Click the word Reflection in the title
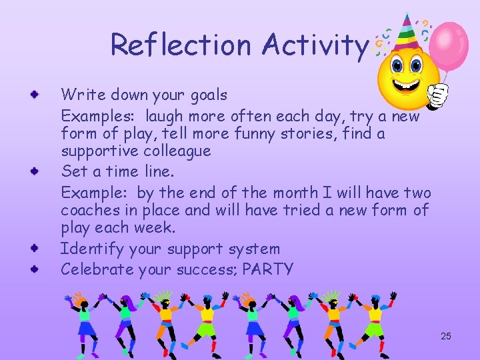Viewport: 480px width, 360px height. (x=182, y=45)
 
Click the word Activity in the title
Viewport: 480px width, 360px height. (x=315, y=45)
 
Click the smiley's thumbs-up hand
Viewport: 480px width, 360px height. (x=437, y=95)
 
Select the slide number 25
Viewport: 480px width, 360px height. (x=446, y=336)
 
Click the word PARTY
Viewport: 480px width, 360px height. (x=268, y=269)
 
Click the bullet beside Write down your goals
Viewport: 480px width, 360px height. (x=33, y=97)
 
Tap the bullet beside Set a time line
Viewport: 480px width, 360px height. (x=33, y=173)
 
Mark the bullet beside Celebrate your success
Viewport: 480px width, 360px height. (x=33, y=270)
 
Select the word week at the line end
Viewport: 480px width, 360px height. (x=157, y=228)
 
